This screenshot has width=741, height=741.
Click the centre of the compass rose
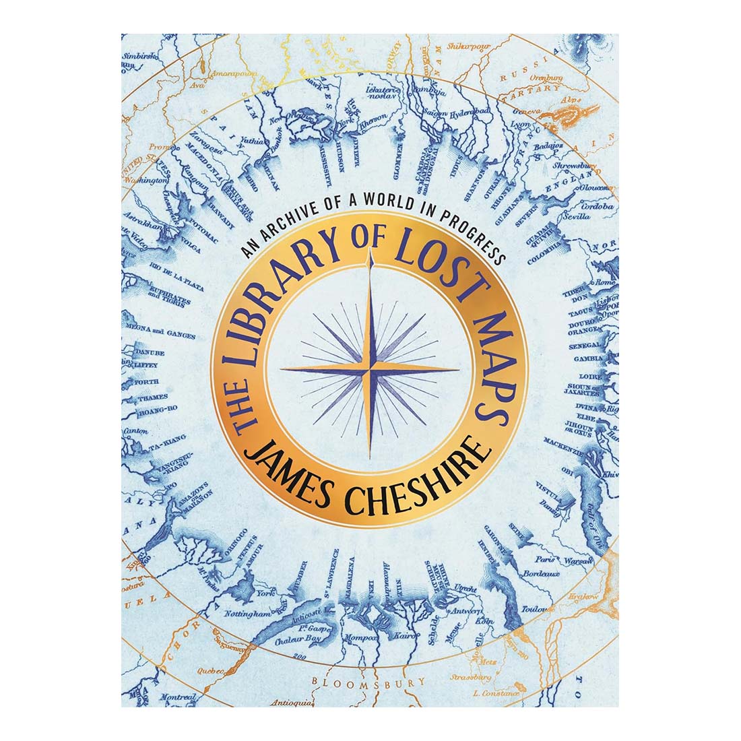click(370, 370)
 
